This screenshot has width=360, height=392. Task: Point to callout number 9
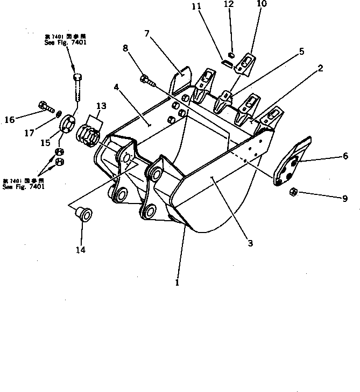pyautogui.click(x=345, y=198)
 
